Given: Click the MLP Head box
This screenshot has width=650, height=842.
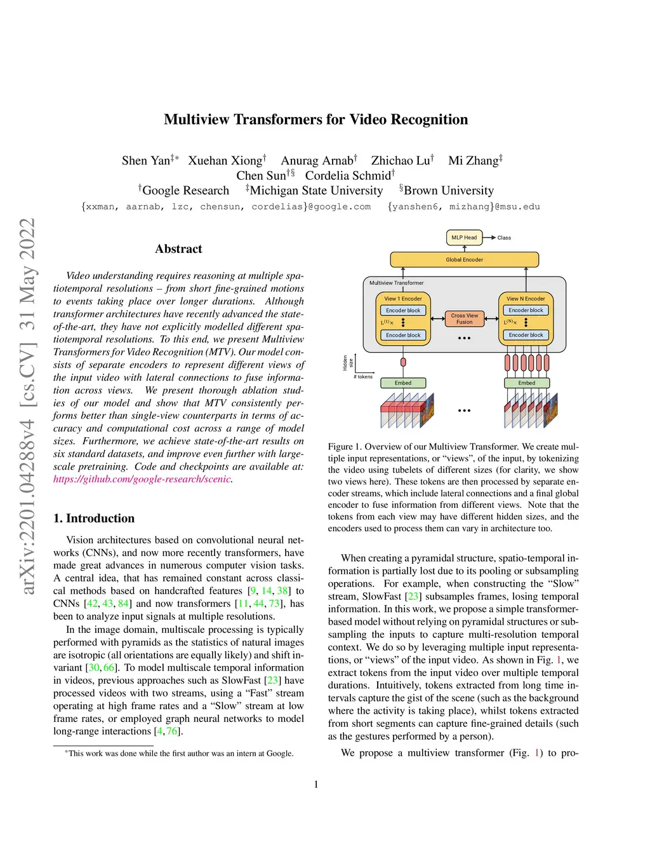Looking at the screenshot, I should click(463, 238).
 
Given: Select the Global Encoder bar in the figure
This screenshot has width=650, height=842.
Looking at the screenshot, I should click(464, 259).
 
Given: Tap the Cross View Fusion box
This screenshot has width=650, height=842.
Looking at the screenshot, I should click(464, 318).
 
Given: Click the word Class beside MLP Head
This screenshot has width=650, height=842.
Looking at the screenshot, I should click(504, 238).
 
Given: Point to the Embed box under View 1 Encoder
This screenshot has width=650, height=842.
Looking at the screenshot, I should click(403, 383).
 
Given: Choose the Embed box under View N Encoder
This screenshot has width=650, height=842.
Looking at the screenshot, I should click(526, 383).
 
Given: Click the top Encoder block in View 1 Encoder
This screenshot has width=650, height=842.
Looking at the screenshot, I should click(403, 310).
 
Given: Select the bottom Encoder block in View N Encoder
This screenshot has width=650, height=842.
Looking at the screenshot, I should click(526, 335).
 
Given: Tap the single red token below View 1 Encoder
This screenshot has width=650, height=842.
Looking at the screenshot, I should click(403, 362).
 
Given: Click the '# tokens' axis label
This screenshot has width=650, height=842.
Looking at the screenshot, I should click(363, 377).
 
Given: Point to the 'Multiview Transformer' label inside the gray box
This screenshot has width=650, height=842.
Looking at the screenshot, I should click(397, 283).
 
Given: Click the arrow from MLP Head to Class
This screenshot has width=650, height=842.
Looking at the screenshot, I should click(489, 238).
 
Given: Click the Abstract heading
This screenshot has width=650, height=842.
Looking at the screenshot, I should click(178, 249).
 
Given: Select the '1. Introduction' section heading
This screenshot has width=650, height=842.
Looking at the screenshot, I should click(94, 518).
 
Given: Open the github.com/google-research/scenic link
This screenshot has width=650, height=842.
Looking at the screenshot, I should click(142, 479).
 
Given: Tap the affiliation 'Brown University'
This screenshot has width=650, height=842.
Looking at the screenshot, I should click(448, 191).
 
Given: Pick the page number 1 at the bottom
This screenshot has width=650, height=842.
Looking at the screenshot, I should click(316, 784).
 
